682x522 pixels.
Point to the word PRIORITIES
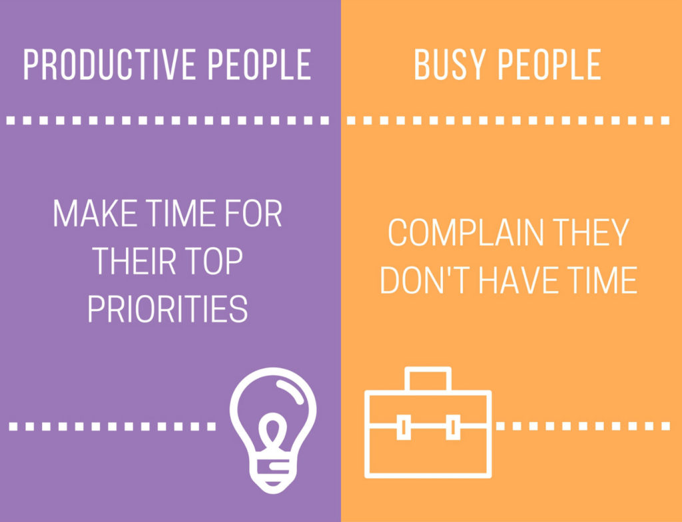pyautogui.click(x=168, y=308)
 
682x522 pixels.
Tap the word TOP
pyautogui.click(x=215, y=261)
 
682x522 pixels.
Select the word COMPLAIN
pyautogui.click(x=459, y=233)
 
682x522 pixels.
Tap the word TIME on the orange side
pyautogui.click(x=603, y=280)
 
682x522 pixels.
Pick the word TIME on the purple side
pyautogui.click(x=184, y=214)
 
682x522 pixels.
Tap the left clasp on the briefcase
pyautogui.click(x=403, y=426)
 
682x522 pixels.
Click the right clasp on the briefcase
pyautogui.click(x=452, y=426)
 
